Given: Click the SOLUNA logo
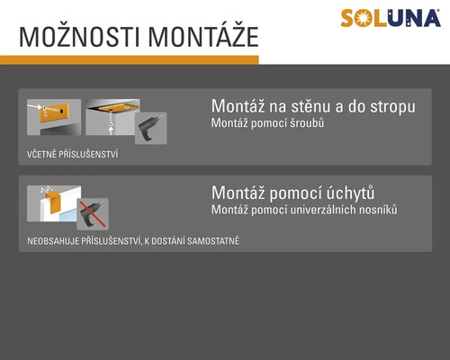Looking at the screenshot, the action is pos(391,18).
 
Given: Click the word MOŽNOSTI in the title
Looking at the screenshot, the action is pos(80,37).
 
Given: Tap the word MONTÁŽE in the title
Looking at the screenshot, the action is pos(203,36).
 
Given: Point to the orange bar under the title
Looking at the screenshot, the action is pos(130,60).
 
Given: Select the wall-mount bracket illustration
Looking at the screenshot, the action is pos(54,117).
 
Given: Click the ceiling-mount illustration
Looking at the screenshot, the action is pos(112,117).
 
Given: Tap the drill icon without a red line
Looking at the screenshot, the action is pos(151,129).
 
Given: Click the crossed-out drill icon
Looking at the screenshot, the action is pos(93,214).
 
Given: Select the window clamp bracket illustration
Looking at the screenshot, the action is pos(54,203).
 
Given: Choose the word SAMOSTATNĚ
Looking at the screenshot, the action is pos(213,241).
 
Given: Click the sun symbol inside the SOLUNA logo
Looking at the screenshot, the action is pos(362,19).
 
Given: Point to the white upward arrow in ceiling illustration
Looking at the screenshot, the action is pos(111,130).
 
